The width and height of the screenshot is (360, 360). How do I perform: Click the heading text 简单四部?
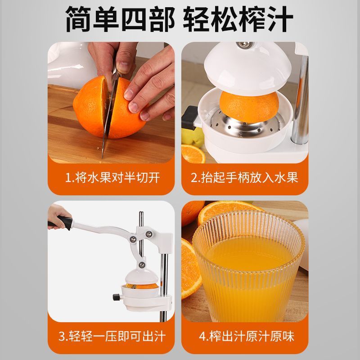click(x=118, y=19)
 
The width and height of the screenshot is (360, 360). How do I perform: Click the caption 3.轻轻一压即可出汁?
click(x=112, y=336)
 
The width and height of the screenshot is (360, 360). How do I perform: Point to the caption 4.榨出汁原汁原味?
click(x=245, y=336)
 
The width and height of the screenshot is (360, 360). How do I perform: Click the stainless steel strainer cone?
click(x=252, y=124)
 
